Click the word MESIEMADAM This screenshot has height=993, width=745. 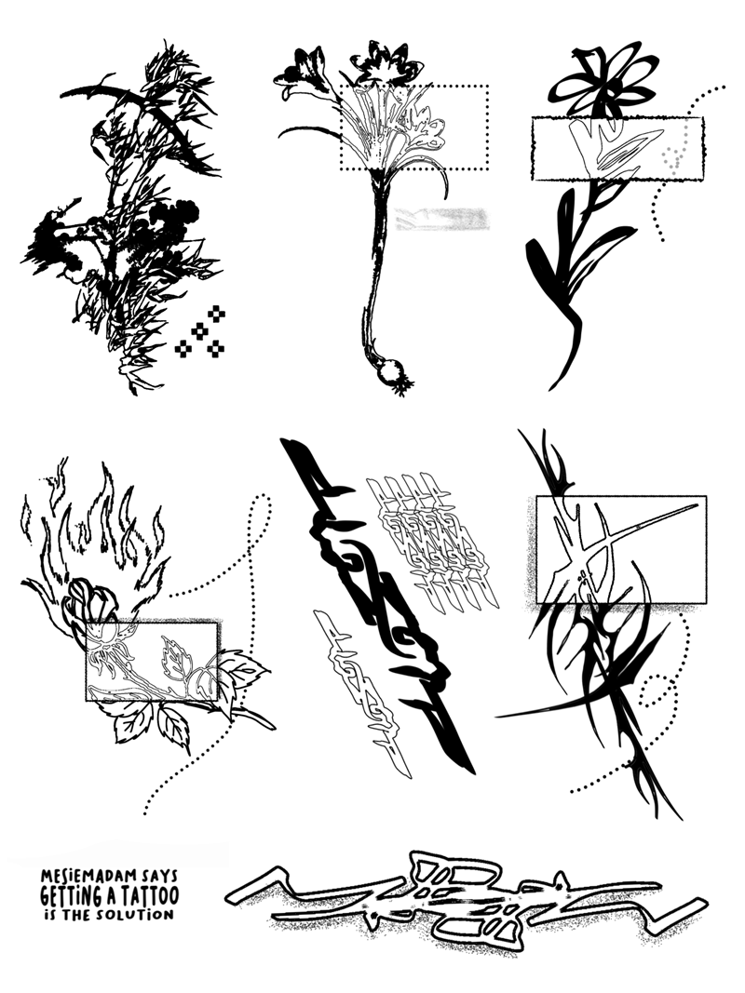[88, 876]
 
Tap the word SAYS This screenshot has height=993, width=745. [159, 876]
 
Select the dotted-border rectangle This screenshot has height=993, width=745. [414, 127]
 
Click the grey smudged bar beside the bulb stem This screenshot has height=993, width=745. [441, 219]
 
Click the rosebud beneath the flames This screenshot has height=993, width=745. [93, 601]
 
